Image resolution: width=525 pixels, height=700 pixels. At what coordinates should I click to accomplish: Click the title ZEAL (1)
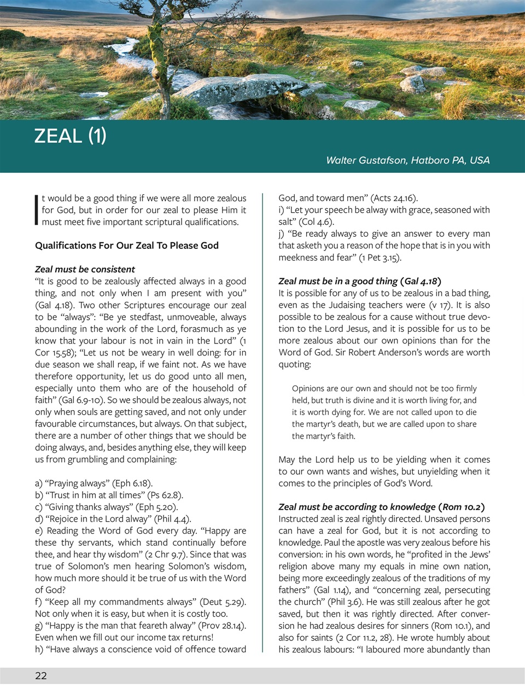(70, 136)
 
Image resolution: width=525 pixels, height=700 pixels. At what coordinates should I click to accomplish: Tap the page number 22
(41, 676)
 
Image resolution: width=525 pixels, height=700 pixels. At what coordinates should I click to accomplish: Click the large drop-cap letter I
(37, 210)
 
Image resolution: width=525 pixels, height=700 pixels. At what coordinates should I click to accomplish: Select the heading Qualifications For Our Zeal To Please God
(127, 246)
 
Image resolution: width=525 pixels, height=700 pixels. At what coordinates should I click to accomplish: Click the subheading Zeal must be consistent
(85, 269)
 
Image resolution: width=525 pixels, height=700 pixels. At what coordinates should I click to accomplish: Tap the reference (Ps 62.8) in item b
(165, 495)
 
